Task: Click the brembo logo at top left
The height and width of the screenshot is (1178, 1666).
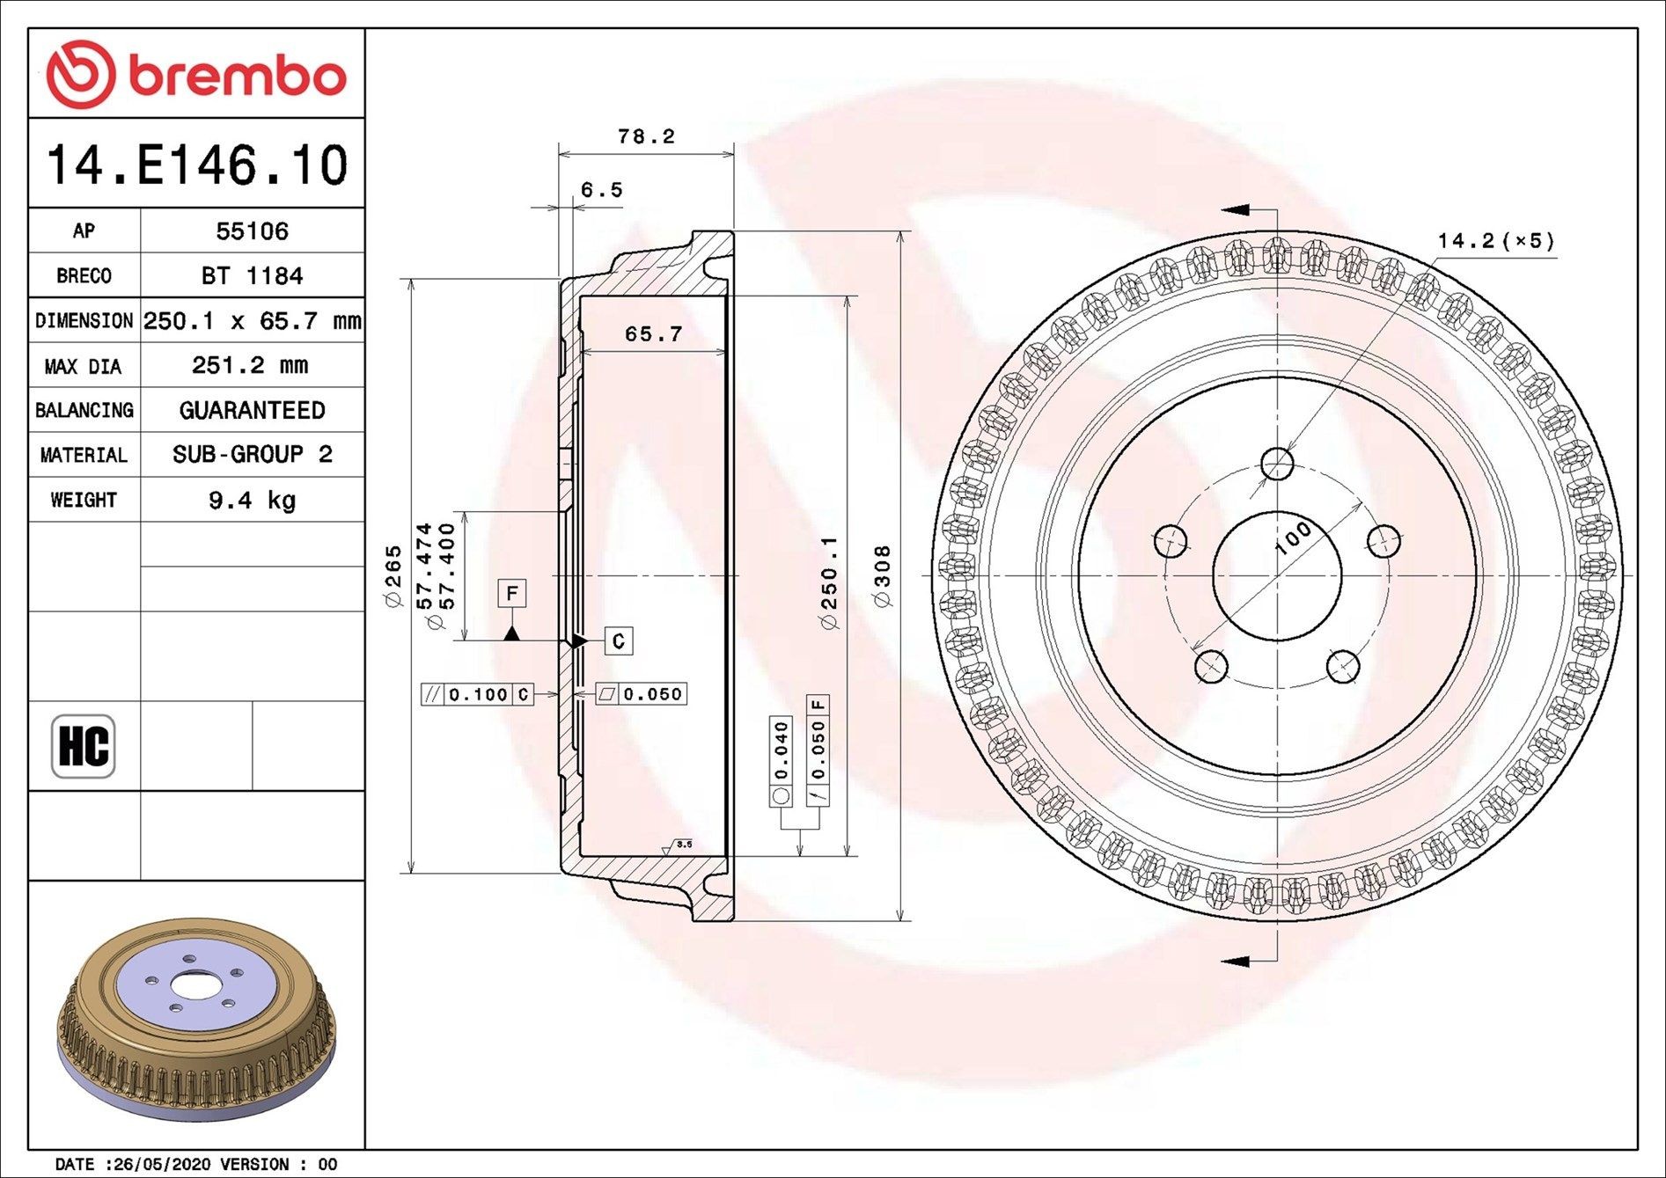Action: pos(195,74)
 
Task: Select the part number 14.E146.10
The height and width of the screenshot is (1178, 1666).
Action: pos(197,165)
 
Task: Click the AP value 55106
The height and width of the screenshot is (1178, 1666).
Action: pos(252,231)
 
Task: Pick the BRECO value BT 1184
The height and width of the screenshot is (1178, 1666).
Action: pos(252,276)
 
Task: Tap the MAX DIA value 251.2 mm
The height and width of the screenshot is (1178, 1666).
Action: pos(250,365)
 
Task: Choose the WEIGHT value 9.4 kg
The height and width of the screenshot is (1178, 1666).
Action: pos(252,501)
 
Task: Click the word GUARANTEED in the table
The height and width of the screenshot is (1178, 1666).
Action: pos(252,410)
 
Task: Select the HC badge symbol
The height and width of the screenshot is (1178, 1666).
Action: pos(84,746)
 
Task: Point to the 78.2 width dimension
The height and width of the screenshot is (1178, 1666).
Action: pos(646,136)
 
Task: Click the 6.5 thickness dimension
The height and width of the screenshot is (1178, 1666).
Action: pos(601,190)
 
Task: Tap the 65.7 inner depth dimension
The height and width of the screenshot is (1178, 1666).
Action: pos(653,334)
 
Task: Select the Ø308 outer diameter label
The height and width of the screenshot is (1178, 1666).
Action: pos(882,575)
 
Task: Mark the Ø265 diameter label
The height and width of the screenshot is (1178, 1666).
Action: pos(393,576)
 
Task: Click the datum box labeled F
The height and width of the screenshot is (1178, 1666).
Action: pos(511,593)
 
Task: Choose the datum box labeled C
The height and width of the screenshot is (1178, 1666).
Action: pos(619,641)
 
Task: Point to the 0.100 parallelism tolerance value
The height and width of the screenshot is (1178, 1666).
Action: pos(478,695)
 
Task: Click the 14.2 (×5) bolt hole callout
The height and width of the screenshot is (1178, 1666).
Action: pos(1495,240)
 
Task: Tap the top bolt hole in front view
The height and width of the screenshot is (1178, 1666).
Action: pos(1276,464)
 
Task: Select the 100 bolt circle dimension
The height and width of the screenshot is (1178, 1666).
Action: pos(1292,537)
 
